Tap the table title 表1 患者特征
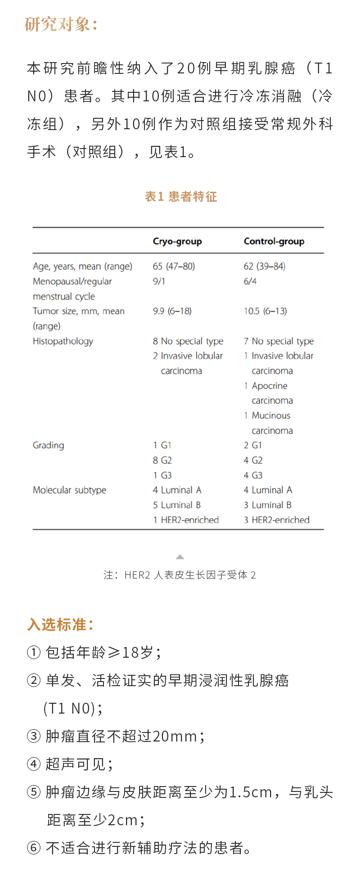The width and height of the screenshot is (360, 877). point(181,197)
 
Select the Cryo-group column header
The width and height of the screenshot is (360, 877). point(177,241)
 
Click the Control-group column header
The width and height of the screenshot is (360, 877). point(274,241)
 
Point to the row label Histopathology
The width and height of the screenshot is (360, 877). point(63,341)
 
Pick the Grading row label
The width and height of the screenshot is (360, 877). point(49,445)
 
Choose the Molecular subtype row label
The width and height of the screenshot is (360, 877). point(69,490)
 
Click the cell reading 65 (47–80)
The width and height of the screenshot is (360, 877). point(174,266)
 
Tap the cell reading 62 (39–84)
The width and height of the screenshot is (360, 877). point(265,266)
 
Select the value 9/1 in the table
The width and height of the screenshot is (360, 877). point(159,281)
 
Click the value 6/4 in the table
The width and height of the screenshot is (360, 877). point(250,281)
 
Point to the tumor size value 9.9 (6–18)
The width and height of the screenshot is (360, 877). point(172,311)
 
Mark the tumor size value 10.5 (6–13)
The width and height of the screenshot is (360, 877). point(265,311)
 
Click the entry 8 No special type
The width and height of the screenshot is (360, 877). point(188,341)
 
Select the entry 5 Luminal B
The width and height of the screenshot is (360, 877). point(177,505)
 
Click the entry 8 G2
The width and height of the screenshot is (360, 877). point(162,460)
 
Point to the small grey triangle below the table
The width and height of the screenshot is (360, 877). point(180,557)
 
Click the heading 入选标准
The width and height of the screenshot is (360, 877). point(60,625)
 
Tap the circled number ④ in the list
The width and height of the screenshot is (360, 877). point(34,764)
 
